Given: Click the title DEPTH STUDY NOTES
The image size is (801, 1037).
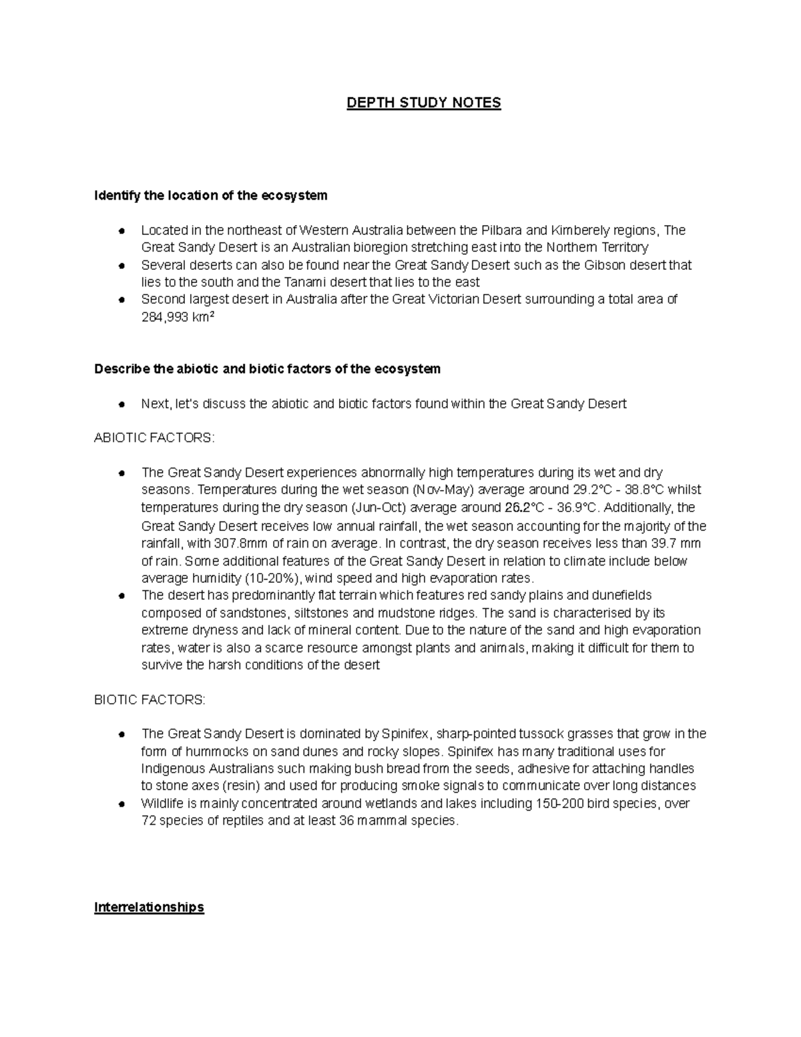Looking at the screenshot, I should point(423,103).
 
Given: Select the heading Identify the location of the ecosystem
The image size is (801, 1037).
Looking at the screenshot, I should point(211,196).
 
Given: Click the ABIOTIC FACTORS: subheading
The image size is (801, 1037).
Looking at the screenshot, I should point(155,438).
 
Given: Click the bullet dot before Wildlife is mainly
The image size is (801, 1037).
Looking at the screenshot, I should point(121,804).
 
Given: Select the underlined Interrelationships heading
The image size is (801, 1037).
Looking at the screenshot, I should point(149,907).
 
